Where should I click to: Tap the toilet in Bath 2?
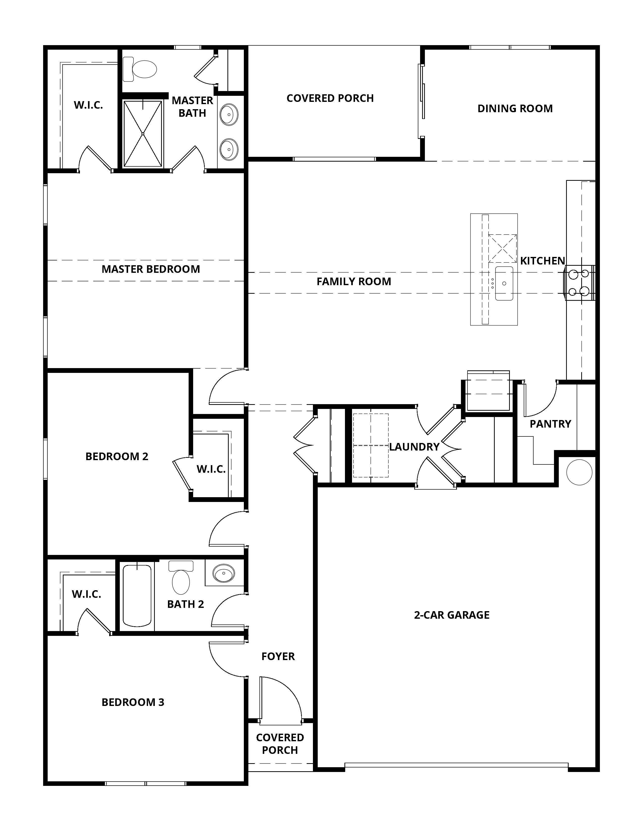point(181,577)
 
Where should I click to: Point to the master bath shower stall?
point(143,134)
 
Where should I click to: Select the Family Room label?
point(354,282)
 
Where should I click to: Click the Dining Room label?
point(515,109)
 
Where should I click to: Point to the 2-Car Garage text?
point(452,615)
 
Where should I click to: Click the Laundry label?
point(414,447)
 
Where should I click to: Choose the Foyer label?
point(278,656)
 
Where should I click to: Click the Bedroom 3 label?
point(133,702)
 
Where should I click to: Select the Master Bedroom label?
point(151,269)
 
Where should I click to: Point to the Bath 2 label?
point(186,604)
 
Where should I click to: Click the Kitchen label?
point(542,261)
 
